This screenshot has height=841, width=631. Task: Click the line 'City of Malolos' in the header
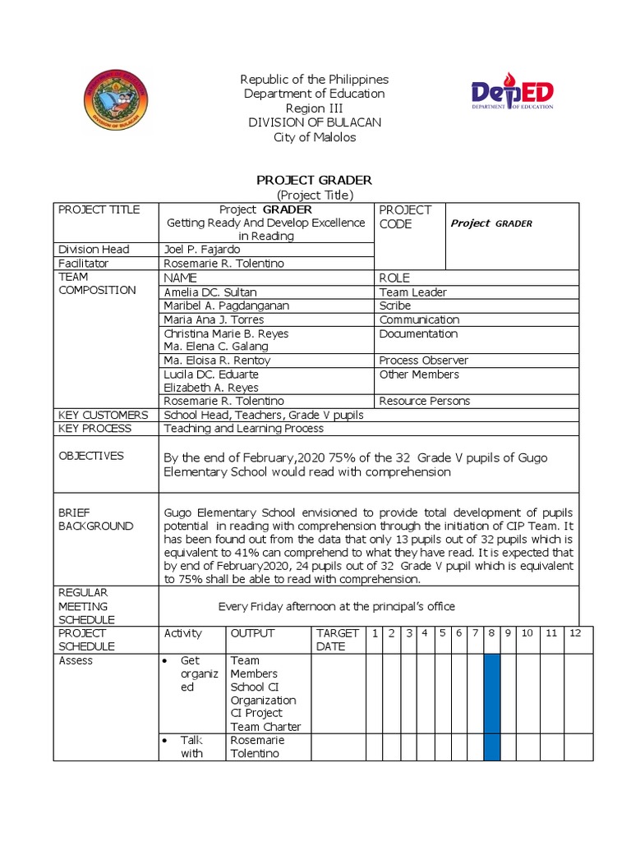click(x=315, y=137)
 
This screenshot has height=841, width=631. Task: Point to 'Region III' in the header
click(x=315, y=108)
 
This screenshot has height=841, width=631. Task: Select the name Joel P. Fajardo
click(x=200, y=249)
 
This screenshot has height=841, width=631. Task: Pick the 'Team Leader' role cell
click(x=413, y=292)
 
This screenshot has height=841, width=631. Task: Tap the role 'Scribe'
click(x=395, y=306)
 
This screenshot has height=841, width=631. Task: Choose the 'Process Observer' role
click(x=424, y=361)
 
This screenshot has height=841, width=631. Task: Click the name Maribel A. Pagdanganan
click(x=226, y=306)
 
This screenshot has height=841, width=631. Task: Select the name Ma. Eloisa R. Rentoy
click(x=217, y=361)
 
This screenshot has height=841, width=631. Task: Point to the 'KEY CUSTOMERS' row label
click(x=104, y=415)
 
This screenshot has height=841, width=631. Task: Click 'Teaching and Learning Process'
click(x=244, y=428)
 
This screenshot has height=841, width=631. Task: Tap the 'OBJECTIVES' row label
click(x=91, y=456)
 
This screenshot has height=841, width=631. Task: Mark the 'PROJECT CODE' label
click(x=405, y=217)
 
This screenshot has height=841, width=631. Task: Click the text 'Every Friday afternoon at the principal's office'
click(x=336, y=606)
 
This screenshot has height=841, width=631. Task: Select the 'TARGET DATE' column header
click(x=338, y=639)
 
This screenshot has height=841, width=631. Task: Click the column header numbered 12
click(x=575, y=633)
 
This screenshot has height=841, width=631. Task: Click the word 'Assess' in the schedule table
click(x=76, y=660)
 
